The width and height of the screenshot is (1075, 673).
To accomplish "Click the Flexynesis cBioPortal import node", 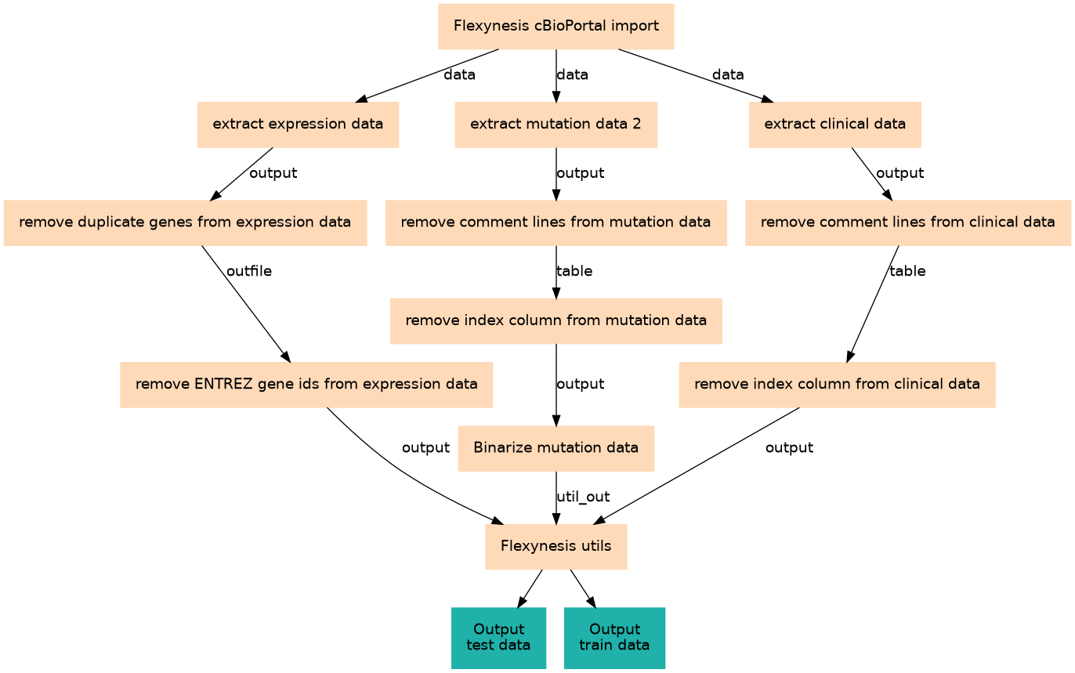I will click(556, 27).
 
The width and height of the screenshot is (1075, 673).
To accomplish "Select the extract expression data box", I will click(298, 125).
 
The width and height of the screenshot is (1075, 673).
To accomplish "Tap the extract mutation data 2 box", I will click(556, 125).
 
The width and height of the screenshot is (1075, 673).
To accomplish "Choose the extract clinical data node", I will click(834, 125).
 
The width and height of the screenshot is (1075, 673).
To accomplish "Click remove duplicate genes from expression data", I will click(185, 223).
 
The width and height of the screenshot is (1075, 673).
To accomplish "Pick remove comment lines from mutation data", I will click(556, 223).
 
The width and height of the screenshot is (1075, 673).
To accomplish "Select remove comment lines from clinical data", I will click(907, 223).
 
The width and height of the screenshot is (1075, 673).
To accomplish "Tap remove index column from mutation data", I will click(556, 320).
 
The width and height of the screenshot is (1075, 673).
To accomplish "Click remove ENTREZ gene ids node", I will click(306, 385).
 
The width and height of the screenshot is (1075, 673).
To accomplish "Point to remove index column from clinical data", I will click(837, 385).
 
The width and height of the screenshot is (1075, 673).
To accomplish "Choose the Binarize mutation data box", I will click(556, 448).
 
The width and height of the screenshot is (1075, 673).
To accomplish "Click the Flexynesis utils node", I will click(556, 546).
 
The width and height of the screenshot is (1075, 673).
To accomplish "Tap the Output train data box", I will click(614, 637).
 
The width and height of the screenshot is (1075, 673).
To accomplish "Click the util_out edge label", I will click(583, 497).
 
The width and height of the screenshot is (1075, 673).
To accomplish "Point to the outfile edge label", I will click(249, 272).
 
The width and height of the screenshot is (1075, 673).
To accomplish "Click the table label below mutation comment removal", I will click(574, 272).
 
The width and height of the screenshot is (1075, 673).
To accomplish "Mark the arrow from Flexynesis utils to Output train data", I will click(583, 588).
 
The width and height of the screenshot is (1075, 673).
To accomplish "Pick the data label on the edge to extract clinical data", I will click(728, 75).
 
